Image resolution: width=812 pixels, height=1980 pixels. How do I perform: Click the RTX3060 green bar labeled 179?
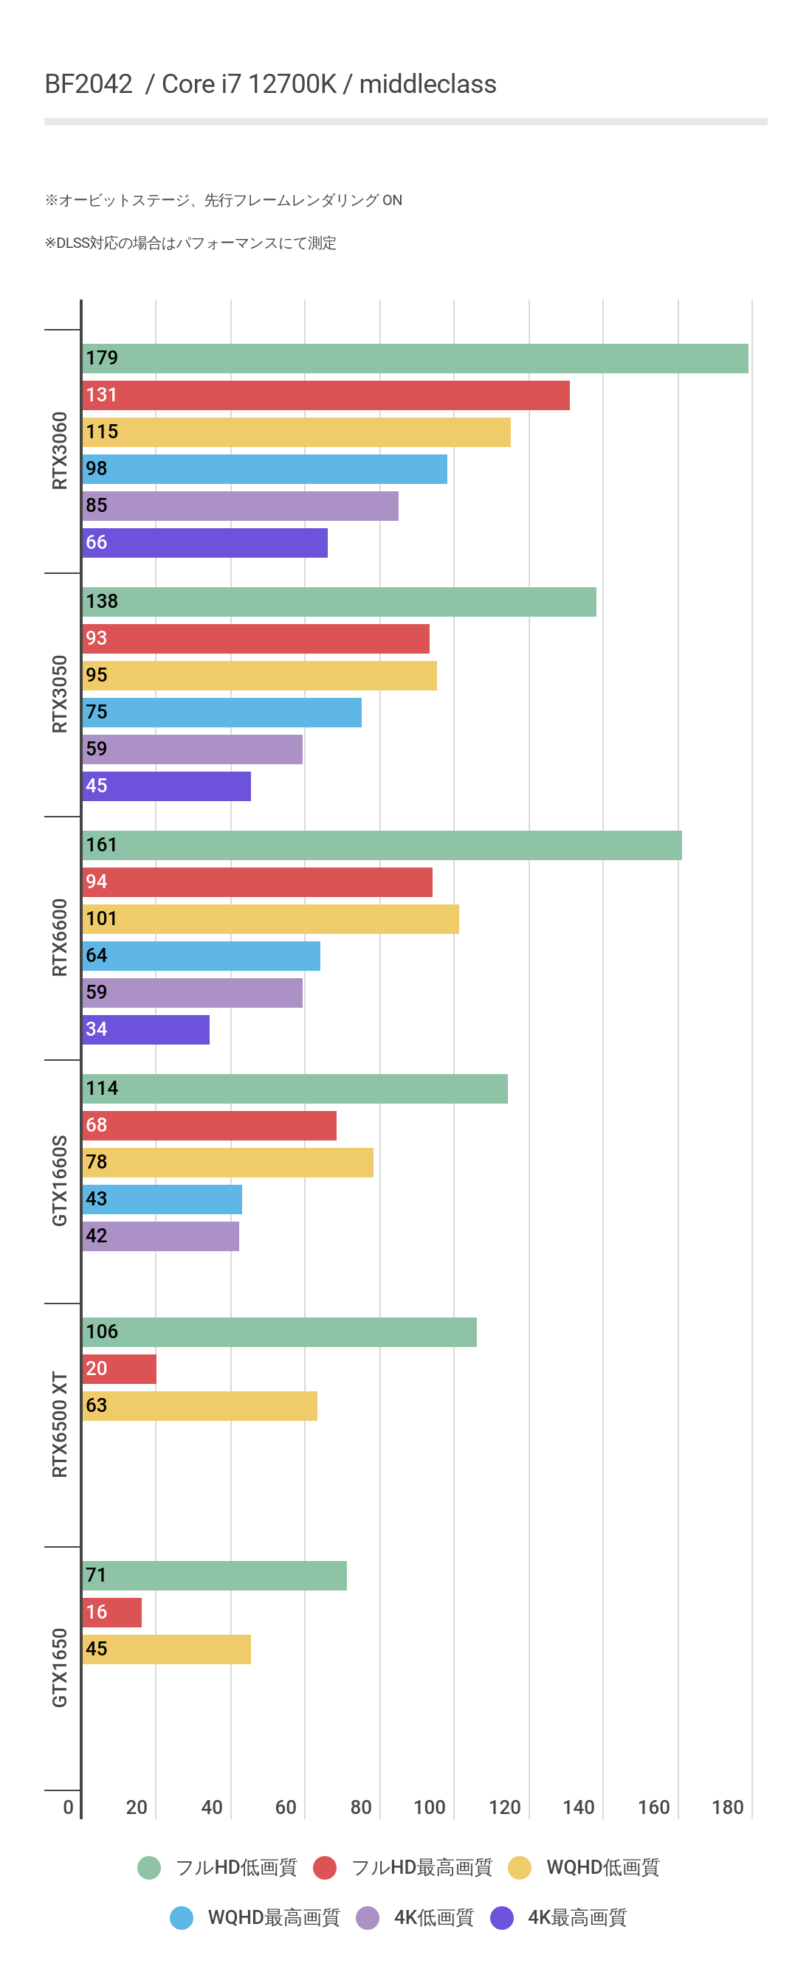point(415,359)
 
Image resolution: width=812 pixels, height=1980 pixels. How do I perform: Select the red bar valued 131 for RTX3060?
point(326,395)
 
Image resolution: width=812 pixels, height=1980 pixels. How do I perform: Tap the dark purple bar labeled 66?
point(204,543)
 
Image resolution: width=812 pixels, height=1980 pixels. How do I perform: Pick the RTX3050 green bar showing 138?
point(339,602)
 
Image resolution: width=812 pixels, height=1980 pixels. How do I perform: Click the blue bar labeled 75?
point(221,713)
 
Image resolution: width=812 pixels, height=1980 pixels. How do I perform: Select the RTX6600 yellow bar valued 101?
point(271,919)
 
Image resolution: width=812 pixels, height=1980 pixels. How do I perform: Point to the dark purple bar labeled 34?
point(146,1030)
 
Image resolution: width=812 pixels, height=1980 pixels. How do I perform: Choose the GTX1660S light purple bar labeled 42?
point(161,1236)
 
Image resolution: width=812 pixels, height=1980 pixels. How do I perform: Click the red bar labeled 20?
point(119,1369)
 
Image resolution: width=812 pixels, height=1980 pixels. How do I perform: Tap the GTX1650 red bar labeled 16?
point(112,1613)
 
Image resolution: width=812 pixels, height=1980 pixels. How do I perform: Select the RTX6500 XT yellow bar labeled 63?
point(200,1406)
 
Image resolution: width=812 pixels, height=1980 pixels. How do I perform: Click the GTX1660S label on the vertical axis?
point(59,1180)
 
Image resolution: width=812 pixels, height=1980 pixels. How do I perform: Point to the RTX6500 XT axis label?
point(59,1425)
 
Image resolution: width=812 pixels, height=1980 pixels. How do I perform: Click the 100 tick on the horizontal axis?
point(429,1807)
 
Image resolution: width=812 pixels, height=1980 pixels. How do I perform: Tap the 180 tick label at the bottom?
point(727,1807)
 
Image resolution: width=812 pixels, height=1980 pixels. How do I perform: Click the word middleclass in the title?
point(427,84)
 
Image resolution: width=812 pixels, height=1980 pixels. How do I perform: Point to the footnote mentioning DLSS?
point(190,243)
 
